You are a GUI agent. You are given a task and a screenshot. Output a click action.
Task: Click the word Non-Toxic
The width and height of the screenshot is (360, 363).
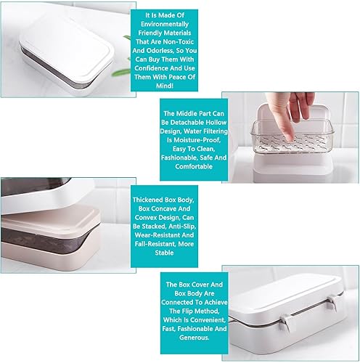click(179, 42)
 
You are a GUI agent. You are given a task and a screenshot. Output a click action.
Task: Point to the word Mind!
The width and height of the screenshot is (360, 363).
click(165, 86)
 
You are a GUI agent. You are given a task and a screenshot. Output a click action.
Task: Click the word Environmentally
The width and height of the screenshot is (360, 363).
click(165, 24)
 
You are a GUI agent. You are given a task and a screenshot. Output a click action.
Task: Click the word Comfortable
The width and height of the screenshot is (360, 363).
click(194, 166)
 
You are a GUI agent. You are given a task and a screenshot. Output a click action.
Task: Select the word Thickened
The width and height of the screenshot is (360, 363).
click(147, 200)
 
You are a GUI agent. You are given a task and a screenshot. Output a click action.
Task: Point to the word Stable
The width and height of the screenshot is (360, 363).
click(164, 253)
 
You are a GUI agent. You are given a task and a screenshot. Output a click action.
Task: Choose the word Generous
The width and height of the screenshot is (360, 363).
click(194, 338)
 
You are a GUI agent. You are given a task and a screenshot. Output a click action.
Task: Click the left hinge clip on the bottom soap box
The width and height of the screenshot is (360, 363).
click(286, 322)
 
